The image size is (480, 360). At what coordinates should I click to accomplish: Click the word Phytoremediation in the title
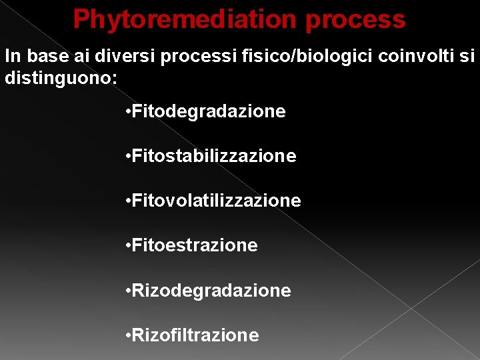point(185,20)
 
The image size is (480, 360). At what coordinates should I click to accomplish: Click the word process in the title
point(355,20)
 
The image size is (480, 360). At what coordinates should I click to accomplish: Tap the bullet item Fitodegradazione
point(209,111)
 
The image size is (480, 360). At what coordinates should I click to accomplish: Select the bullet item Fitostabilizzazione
point(214,156)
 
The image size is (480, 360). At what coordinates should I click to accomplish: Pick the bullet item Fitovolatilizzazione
point(217,201)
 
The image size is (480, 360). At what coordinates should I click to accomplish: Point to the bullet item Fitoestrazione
point(195,245)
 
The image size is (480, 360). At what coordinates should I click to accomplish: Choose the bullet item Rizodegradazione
point(211,291)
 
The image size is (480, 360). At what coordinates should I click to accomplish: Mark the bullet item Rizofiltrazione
point(195,335)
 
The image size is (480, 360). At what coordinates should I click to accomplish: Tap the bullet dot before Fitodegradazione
point(127,112)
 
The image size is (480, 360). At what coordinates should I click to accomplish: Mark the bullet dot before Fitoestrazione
point(127,246)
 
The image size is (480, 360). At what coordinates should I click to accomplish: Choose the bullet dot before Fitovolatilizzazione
point(127,201)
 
